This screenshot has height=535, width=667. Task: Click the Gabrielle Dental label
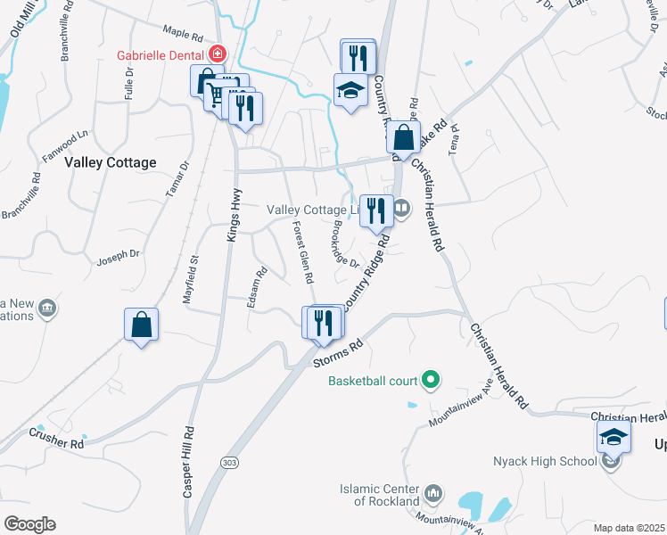161,54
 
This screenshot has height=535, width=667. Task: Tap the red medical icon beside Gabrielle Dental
217,54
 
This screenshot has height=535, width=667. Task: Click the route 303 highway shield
229,461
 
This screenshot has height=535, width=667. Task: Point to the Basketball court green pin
431,381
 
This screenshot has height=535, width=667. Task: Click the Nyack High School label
545,461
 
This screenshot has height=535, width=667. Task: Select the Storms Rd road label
340,352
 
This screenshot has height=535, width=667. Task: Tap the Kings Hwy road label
235,218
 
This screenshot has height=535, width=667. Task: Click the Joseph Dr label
119,254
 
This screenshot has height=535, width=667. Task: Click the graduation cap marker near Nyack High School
613,437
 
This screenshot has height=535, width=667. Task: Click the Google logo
29,524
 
